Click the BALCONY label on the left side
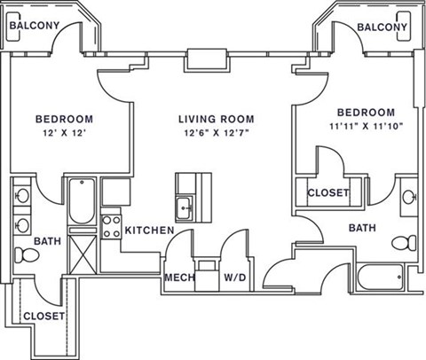pos(34,27)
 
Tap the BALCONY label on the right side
pos(383,27)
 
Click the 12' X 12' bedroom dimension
pos(64,134)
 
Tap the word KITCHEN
pos(148,231)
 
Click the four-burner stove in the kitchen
pos(111,225)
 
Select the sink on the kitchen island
pos(185,207)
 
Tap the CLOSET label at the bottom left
pos(42,316)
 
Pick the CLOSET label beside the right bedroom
pos(328,193)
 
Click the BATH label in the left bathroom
pos(46,240)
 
